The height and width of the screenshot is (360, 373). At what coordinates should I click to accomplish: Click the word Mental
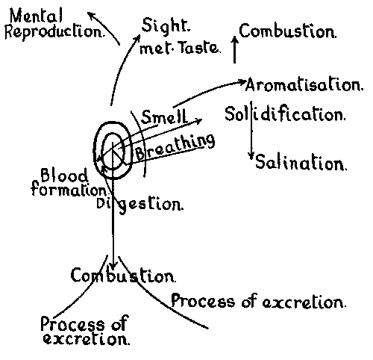point(36,16)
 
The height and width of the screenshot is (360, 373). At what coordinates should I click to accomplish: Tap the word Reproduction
point(54,32)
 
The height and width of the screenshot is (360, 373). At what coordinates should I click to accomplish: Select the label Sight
point(166,25)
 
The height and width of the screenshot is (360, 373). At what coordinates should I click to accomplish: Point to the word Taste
point(200,47)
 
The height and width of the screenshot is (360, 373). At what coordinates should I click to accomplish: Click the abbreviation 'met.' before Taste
point(156,49)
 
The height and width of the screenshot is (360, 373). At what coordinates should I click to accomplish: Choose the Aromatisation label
point(304,84)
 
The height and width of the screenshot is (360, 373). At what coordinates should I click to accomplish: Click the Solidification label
point(285,114)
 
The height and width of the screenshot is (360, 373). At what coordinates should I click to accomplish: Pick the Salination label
point(301,162)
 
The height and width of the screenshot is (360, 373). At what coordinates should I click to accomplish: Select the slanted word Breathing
point(175,147)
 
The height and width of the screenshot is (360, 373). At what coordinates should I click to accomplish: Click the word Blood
point(64,176)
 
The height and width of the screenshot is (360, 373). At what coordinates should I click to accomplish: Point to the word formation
point(69,189)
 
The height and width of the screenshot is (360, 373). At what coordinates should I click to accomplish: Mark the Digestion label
point(140,205)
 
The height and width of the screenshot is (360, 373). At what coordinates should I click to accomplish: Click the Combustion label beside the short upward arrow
point(288,31)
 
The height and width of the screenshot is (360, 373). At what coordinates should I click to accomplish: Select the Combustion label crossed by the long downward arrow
point(123,276)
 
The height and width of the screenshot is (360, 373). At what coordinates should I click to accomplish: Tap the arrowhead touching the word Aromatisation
point(242,82)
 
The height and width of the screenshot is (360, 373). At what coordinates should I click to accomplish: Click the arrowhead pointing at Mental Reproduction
point(93,16)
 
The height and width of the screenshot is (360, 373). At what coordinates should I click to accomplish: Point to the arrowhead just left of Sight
point(137,38)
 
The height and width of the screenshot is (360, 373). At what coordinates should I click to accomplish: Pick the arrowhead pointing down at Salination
point(251,156)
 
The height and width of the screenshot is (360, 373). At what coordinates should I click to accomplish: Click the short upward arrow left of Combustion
point(234,49)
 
